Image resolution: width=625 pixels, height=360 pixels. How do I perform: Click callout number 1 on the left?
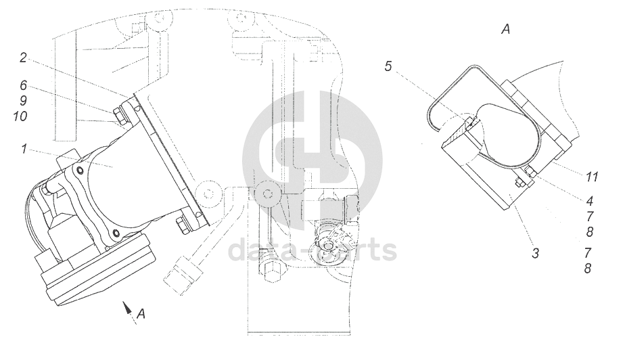pos(24,149)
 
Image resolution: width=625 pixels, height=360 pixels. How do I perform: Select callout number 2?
pos(23,58)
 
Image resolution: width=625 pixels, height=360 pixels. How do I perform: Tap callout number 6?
pos(23,85)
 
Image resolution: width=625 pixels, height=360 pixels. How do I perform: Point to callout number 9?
pos(23,100)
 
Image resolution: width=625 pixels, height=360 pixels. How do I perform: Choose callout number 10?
pos(20,116)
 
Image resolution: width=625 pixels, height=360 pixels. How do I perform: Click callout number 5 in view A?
pos(389,66)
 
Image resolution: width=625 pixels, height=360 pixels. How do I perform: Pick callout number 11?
pos(592,177)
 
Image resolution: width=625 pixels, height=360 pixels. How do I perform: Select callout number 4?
pos(590,201)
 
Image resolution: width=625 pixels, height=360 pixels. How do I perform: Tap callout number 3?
pos(535,253)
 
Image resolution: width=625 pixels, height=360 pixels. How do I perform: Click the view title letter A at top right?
pos(505,29)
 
